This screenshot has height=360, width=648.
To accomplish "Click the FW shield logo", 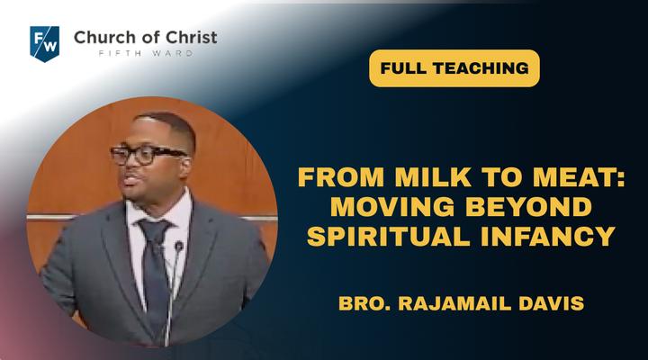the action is pos(45,43).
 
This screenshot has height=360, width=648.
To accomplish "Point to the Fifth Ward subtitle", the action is pos(146,53).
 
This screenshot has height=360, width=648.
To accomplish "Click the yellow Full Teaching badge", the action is pos(454,68).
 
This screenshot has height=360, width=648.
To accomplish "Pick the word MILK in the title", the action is pos(433,176).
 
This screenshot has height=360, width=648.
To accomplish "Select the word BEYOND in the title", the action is pos(529,206).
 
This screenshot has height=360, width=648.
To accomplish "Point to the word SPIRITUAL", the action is pos(389,236).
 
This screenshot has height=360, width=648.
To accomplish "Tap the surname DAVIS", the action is pos(552,303).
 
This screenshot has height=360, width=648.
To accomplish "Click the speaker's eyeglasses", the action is pos(147,155).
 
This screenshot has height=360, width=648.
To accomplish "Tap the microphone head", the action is pos(179,247).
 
